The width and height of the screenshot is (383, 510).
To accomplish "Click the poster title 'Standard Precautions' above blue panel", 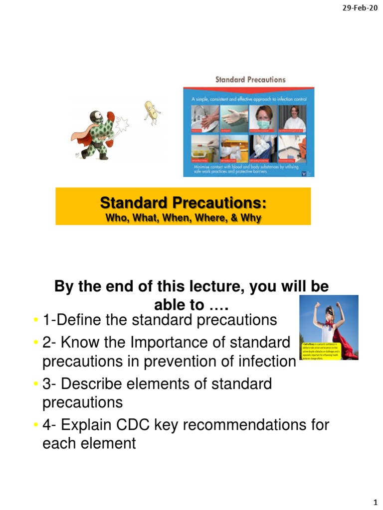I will pyautogui.click(x=250, y=79).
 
